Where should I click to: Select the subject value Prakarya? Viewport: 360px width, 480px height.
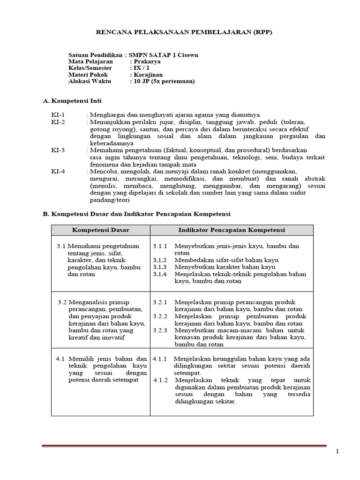146,61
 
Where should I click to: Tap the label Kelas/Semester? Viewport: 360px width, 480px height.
90,68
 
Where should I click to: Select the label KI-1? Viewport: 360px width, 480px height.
58,115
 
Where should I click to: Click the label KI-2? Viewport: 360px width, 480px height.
58,122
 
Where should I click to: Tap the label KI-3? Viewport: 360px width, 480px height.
58,150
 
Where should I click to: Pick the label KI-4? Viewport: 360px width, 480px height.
58,171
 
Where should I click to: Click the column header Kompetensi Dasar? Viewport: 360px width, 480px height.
100,230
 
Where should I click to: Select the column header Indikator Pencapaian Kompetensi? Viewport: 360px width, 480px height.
232,230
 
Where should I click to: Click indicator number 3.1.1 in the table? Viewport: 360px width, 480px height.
160,246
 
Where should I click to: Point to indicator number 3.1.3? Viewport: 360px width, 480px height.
160,267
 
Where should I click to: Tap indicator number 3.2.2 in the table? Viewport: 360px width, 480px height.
160,316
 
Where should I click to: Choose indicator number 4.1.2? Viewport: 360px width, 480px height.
161,380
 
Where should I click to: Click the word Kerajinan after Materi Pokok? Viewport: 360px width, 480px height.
148,75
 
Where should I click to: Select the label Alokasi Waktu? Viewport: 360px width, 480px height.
89,81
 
